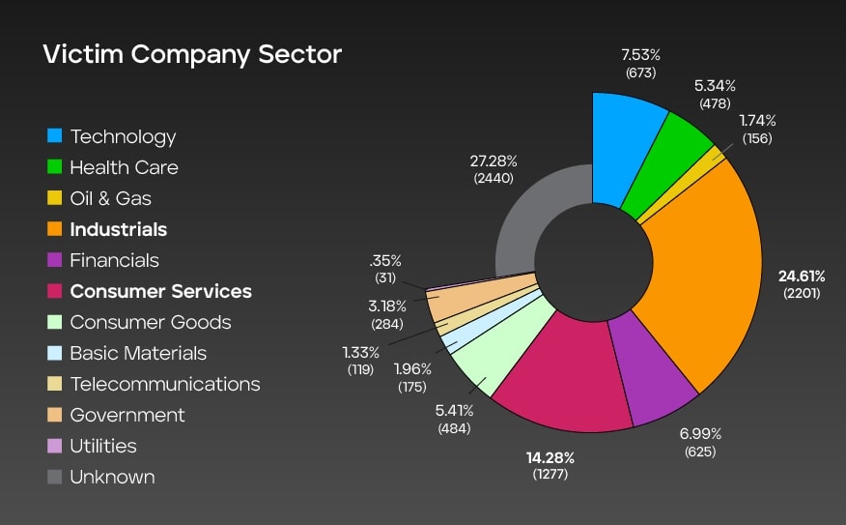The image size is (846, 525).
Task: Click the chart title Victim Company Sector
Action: click(192, 54)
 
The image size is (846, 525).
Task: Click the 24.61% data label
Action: click(802, 277)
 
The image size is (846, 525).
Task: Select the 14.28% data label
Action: click(549, 457)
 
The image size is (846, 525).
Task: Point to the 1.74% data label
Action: click(757, 121)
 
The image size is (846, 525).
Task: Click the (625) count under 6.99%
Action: click(700, 452)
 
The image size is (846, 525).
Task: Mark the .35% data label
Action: click(385, 261)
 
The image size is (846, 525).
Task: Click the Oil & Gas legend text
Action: click(110, 198)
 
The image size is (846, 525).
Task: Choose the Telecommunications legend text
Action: click(165, 384)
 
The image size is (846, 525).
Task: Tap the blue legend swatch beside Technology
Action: click(54, 136)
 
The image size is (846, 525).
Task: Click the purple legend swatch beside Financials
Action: click(54, 260)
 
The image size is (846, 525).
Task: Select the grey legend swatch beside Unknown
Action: click(54, 477)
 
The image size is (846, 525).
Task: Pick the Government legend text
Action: click(127, 415)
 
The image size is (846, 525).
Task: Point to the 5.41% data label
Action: click(454, 410)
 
